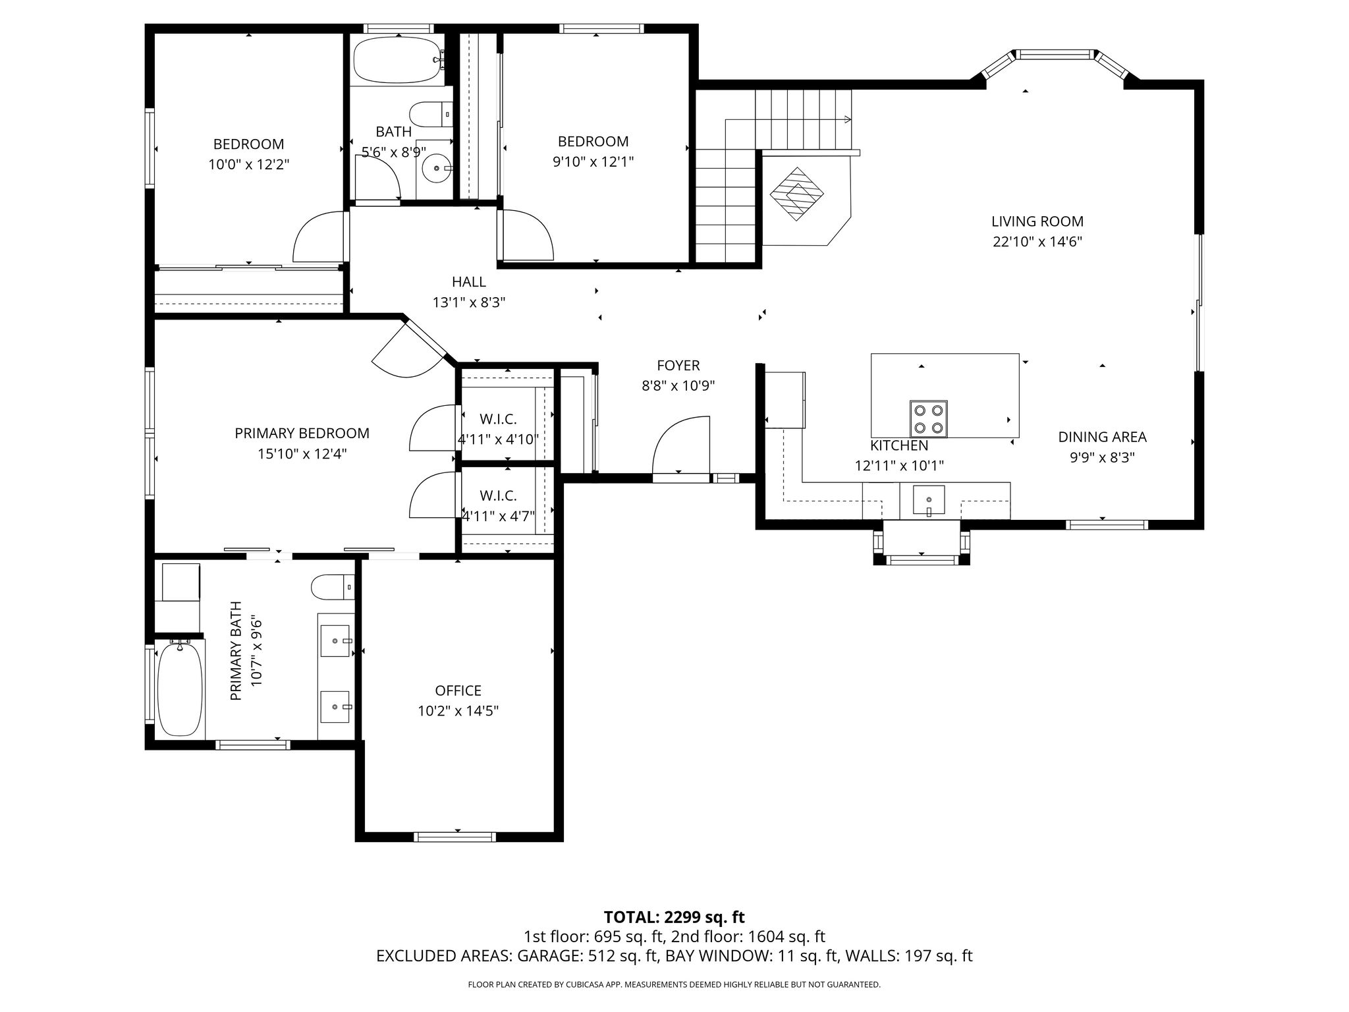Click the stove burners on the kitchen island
click(x=929, y=418)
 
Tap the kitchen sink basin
click(x=928, y=500)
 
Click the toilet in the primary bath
click(x=333, y=586)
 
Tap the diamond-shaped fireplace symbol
click(x=797, y=194)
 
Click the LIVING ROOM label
click(x=1037, y=221)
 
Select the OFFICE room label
click(x=458, y=690)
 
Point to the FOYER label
click(x=678, y=366)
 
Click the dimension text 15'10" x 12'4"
click(x=302, y=454)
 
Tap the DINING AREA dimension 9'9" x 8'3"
click(x=1103, y=457)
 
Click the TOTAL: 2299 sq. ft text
click(x=674, y=917)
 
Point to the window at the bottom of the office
click(x=454, y=837)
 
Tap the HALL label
click(x=469, y=282)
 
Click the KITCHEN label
click(x=899, y=446)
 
